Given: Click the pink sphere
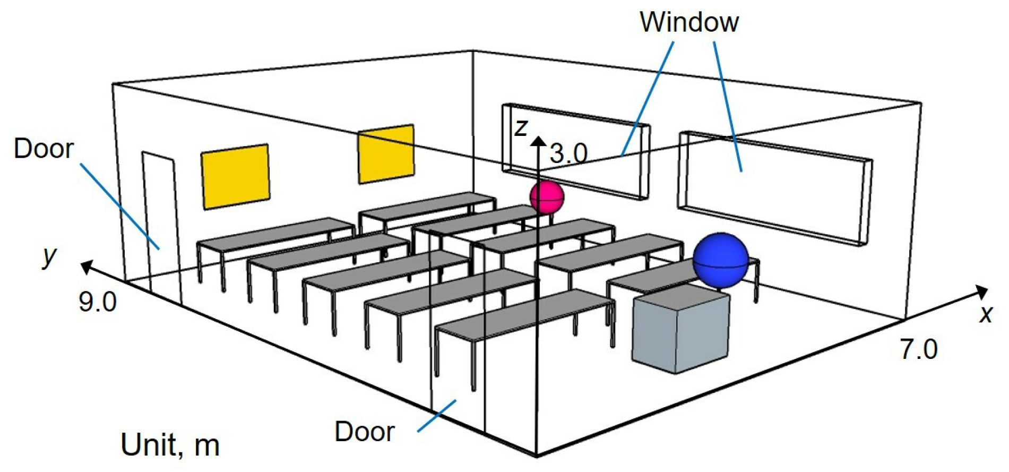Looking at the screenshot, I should click(x=547, y=196).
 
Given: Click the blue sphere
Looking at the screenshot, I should click(x=720, y=260).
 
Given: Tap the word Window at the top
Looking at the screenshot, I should click(x=689, y=22).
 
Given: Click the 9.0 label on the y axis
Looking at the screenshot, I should click(x=98, y=302).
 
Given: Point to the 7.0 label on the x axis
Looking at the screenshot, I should click(x=919, y=349).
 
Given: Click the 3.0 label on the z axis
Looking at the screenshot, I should click(x=568, y=154).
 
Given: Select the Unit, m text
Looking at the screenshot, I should click(x=170, y=445).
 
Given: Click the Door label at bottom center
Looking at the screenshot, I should click(x=365, y=432).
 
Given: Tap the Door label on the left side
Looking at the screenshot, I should click(x=44, y=149).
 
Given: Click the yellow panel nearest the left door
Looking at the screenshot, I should click(x=235, y=176).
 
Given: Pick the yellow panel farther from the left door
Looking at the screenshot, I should click(x=386, y=154).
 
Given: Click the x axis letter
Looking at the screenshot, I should click(x=986, y=314).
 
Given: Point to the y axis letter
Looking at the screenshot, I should click(x=50, y=256).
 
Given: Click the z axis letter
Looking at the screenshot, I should click(x=522, y=127).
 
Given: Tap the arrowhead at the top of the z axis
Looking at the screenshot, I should click(x=539, y=141).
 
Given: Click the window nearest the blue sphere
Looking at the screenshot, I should click(x=775, y=188).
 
